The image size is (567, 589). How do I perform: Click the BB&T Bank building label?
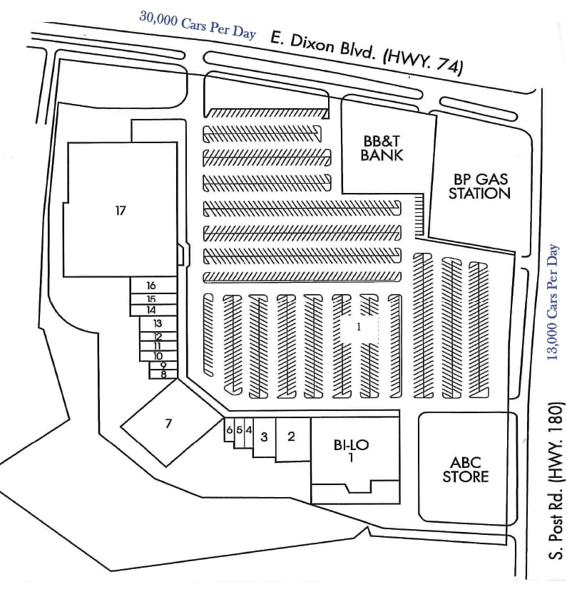coord(382,148)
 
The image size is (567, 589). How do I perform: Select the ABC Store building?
coord(466,469)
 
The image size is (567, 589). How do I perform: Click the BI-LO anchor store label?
coord(351,451)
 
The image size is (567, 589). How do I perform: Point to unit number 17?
coord(120,210)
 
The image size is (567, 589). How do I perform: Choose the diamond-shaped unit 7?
coord(168,424)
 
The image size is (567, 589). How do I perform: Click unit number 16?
coord(151,286)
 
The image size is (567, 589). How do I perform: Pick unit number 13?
coord(158,323)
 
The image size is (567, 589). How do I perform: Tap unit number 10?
coord(158,356)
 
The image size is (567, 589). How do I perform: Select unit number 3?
coord(264,437)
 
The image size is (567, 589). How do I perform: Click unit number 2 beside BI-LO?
coord(291,437)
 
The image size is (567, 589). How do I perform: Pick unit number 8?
coord(163,373)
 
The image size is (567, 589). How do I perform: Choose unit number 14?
coord(151,310)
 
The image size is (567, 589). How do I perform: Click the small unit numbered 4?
coord(248,430)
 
